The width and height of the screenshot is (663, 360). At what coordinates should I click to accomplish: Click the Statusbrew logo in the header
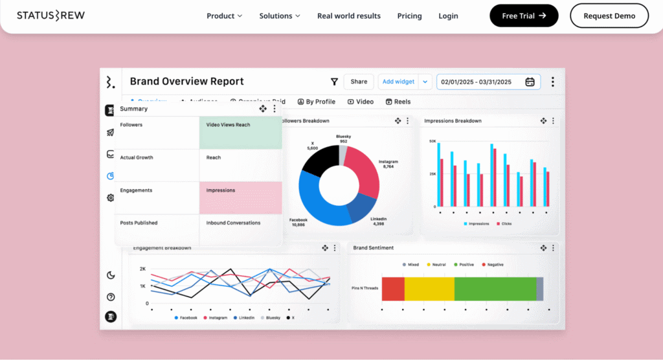pos(51,16)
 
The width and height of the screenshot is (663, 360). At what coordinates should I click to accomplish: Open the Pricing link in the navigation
pos(409,16)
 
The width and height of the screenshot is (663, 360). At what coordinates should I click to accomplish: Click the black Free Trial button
pos(524,16)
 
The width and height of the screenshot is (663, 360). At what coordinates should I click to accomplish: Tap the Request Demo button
pos(609,16)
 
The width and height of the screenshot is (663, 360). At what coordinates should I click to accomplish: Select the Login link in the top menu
pos(448,16)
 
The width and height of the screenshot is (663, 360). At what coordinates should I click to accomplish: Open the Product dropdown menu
pos(224,16)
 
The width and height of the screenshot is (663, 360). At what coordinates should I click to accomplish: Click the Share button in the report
pos(359,82)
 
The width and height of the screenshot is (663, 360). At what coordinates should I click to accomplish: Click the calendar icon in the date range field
pos(530,82)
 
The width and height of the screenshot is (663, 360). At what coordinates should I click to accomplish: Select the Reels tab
pos(398,102)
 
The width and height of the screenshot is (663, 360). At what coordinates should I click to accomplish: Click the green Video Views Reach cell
pos(240,133)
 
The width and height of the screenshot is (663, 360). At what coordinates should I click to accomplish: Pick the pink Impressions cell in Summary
pos(240,197)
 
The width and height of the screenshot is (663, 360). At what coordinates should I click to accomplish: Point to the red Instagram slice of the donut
pos(362,172)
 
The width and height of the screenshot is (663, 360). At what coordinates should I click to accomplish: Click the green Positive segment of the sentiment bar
pos(495,289)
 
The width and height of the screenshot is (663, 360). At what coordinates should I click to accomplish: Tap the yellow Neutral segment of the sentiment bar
pos(429,289)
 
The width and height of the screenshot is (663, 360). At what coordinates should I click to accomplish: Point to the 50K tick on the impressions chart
pos(432,141)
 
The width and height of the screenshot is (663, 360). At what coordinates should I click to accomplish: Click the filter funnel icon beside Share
pos(334,82)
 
